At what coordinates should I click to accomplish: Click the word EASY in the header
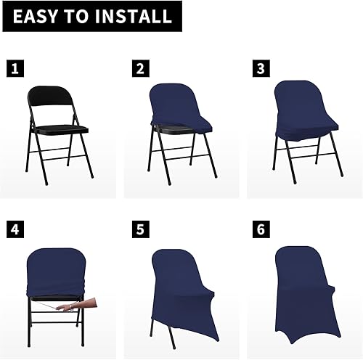click(x=36, y=16)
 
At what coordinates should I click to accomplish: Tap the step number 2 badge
click(x=139, y=69)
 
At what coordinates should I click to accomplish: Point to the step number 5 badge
click(x=139, y=231)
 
